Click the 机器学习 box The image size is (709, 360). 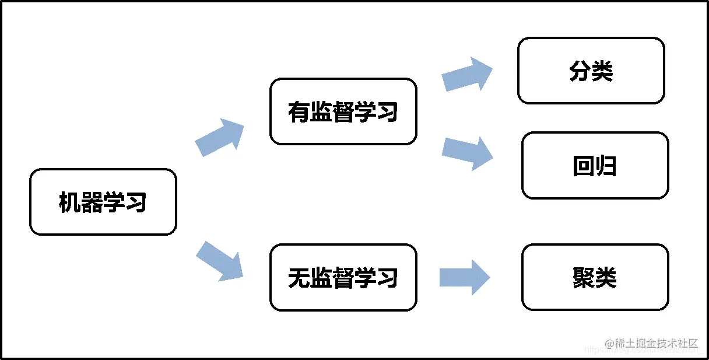coord(103,202)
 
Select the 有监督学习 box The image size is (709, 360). coord(343,111)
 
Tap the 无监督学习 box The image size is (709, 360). coord(343,277)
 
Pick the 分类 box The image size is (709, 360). coord(591,71)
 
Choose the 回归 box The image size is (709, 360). coord(595,166)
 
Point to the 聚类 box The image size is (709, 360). coord(595,277)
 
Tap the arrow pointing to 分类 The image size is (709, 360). coord(467,74)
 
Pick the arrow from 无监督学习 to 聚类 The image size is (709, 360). coord(464,277)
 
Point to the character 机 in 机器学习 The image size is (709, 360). coord(69,202)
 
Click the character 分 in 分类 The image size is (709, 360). coord(580,71)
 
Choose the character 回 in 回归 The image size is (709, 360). coord(584,166)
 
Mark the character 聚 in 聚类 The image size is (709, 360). coord(584,278)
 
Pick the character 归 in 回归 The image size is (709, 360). coord(606,166)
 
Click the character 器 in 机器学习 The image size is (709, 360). coord(92,202)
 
